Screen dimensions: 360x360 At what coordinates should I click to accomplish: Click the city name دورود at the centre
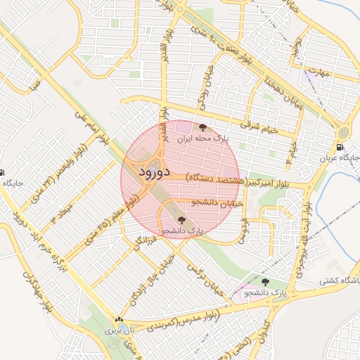(x=151, y=173)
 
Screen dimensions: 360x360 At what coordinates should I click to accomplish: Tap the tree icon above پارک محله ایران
(x=203, y=128)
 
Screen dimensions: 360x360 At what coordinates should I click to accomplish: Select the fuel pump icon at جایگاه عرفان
(x=341, y=148)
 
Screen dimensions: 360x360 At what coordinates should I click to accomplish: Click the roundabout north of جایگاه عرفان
(x=342, y=131)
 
